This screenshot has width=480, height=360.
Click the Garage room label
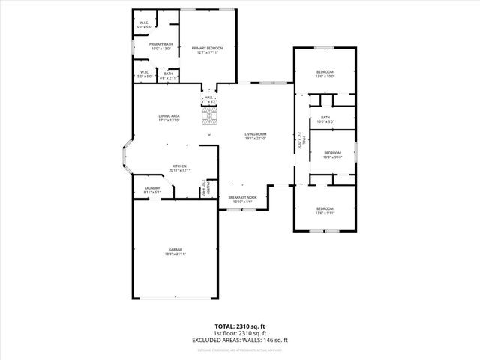pyautogui.click(x=175, y=249)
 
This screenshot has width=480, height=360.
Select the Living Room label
pyautogui.click(x=256, y=133)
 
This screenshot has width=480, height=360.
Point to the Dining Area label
pyautogui.click(x=169, y=115)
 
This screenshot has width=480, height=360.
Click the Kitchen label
pyautogui.click(x=180, y=166)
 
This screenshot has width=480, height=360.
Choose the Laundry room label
pyautogui.click(x=152, y=188)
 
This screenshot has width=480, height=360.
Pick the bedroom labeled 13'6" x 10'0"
pyautogui.click(x=325, y=71)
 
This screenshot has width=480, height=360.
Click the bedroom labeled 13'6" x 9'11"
pyautogui.click(x=325, y=208)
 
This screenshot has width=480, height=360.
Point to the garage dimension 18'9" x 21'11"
pyautogui.click(x=175, y=254)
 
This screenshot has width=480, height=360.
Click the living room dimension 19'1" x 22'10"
pyautogui.click(x=256, y=139)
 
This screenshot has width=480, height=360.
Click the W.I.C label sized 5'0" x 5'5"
pyautogui.click(x=145, y=23)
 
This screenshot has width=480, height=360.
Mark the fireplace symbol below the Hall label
pyautogui.click(x=209, y=115)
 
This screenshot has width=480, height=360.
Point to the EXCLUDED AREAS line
pyautogui.click(x=240, y=340)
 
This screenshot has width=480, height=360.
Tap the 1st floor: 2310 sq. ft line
pyautogui.click(x=240, y=334)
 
